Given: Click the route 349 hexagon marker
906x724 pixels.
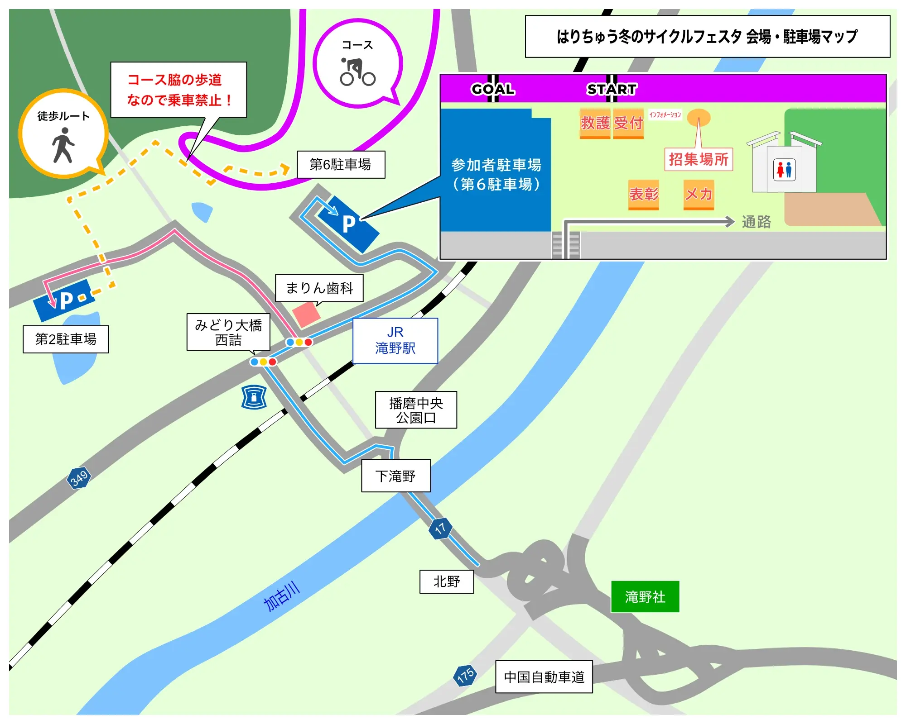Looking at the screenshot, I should [x=79, y=478].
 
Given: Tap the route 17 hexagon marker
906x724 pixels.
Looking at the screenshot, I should [x=440, y=528].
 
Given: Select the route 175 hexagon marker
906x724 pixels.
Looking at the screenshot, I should [x=465, y=676].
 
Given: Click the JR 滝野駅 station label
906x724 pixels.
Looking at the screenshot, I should [x=395, y=340].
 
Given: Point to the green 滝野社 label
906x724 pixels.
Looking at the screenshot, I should [x=645, y=596].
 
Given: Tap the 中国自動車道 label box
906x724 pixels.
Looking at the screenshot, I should [x=544, y=676].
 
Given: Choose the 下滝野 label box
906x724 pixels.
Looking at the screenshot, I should [x=395, y=476].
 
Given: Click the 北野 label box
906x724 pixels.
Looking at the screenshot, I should [x=446, y=581].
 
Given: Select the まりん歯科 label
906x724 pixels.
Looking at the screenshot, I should [x=319, y=288].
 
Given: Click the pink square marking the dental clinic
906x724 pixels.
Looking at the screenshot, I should [x=306, y=314].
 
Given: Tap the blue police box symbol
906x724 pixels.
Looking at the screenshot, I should [x=254, y=397].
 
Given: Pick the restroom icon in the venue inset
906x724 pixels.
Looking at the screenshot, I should [x=785, y=170].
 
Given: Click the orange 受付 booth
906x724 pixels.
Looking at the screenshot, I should [x=628, y=123].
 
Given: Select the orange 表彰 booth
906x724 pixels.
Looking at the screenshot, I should [x=643, y=194].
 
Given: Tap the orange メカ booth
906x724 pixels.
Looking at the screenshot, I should [x=699, y=194].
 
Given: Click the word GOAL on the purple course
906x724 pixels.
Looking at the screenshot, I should [x=493, y=89].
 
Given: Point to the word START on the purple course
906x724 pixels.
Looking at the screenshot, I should [x=612, y=89].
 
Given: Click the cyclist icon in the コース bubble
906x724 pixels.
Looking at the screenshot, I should [x=357, y=72].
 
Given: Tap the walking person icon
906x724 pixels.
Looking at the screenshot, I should [x=63, y=145].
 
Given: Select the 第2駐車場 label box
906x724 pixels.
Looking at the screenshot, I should [x=66, y=339].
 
